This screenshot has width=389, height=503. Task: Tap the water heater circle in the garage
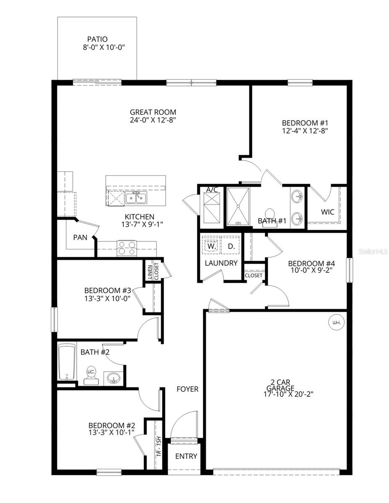click(x=336, y=323)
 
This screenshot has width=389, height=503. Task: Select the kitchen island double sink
click(x=136, y=197)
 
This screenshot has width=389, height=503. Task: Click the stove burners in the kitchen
click(x=126, y=248)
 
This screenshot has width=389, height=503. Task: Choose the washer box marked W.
click(x=211, y=246)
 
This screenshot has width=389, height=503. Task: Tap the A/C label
click(x=212, y=190)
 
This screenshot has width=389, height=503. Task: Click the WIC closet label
click(x=328, y=212)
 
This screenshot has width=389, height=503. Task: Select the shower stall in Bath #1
click(x=238, y=206)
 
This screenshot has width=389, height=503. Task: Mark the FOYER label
click(x=187, y=389)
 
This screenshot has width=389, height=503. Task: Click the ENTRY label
click(x=186, y=456)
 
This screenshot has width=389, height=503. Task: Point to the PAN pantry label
click(x=80, y=237)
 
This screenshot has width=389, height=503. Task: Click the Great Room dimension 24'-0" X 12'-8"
click(x=153, y=120)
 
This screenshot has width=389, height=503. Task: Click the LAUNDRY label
click(x=221, y=263)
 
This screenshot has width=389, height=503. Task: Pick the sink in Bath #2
click(x=112, y=379)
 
